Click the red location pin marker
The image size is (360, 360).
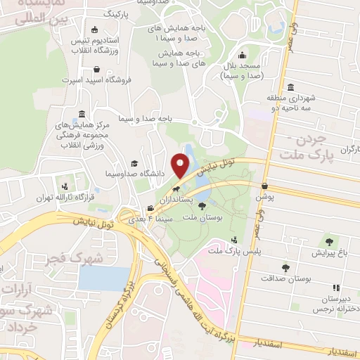click(182, 165)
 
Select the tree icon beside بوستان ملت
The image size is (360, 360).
click(202, 207)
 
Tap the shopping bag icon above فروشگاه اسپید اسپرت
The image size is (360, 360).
click(96, 70)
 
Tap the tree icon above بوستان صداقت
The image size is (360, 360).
click(285, 267)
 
